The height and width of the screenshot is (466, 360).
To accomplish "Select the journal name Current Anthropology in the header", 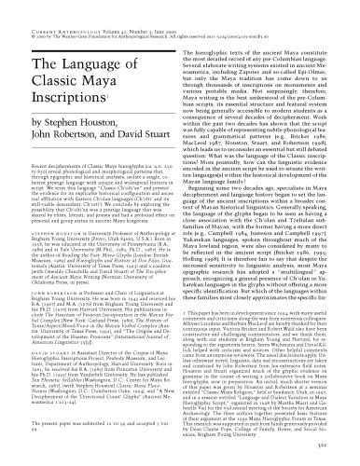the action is (x=41, y=8).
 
